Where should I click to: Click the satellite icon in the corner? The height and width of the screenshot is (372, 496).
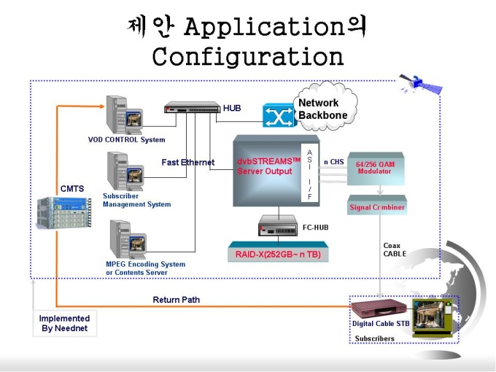(420, 83)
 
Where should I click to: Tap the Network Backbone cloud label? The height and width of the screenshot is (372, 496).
(322, 109)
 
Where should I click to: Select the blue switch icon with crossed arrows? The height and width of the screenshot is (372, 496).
(279, 115)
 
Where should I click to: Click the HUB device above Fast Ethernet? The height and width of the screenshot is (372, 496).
(193, 107)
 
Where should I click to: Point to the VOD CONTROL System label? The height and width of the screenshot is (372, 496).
(126, 139)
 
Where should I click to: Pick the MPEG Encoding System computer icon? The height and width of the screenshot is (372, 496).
(128, 239)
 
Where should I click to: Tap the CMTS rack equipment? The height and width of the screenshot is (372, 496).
(64, 212)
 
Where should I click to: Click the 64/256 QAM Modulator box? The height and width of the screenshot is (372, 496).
(375, 168)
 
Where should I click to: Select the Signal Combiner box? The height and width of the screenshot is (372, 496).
(377, 205)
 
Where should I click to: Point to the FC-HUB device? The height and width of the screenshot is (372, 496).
(278, 226)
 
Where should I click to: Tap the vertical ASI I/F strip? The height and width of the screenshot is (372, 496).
(309, 175)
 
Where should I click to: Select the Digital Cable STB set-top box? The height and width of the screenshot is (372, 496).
(379, 308)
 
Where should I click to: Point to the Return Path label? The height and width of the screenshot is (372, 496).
(177, 300)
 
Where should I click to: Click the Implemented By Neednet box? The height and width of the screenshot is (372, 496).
(65, 323)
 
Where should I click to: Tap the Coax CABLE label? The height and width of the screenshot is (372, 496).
(395, 249)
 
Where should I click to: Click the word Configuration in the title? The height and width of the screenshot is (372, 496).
(248, 56)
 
